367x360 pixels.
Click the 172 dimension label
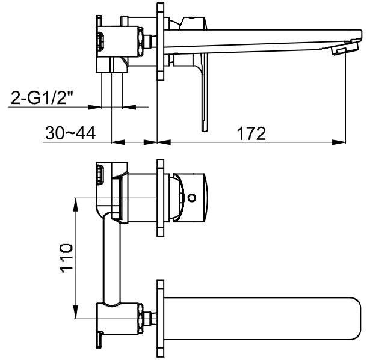pyautogui.click(x=251, y=133)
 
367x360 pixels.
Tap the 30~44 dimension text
pyautogui.click(x=70, y=133)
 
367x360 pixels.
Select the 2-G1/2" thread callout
pyautogui.click(x=42, y=97)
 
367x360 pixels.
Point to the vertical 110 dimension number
pyautogui.click(x=66, y=258)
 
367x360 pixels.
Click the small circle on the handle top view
pyautogui.click(x=192, y=198)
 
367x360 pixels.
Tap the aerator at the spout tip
pyautogui.click(x=345, y=47)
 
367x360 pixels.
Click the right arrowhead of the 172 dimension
pyautogui.click(x=339, y=142)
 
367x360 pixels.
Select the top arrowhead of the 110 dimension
pyautogui.click(x=76, y=205)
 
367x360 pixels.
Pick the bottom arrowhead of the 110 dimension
pyautogui.click(x=76, y=311)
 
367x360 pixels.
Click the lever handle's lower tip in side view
pyautogui.click(x=205, y=128)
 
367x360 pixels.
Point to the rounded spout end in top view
pyautogui.click(x=357, y=319)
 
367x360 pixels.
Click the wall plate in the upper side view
pyautogui.click(x=160, y=41)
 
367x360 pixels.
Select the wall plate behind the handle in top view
pyautogui.click(x=160, y=198)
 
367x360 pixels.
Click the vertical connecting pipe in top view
pyautogui.click(x=112, y=258)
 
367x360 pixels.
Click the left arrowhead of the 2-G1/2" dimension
pyautogui.click(x=94, y=107)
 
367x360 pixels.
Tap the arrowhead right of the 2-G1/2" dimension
pyautogui.click(x=129, y=107)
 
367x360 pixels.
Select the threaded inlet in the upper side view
pyautogui.click(x=100, y=41)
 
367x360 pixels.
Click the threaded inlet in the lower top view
pyautogui.click(x=100, y=174)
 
